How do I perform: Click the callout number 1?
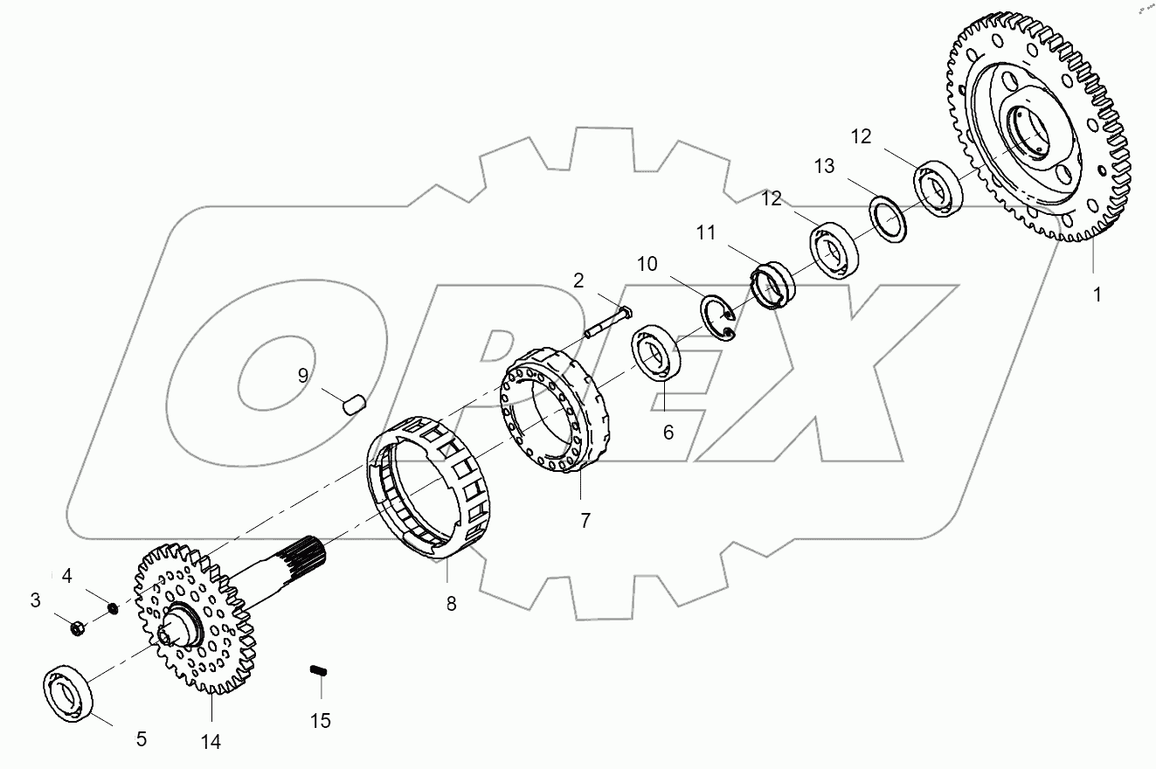1097,294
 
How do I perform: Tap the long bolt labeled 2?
607,322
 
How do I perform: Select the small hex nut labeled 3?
77,627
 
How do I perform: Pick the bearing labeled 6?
658,353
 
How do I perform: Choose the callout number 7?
585,520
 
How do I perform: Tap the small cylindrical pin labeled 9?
354,404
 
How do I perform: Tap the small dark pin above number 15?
319,671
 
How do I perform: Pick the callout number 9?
302,376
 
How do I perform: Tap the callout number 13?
824,166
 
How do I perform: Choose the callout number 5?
141,739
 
